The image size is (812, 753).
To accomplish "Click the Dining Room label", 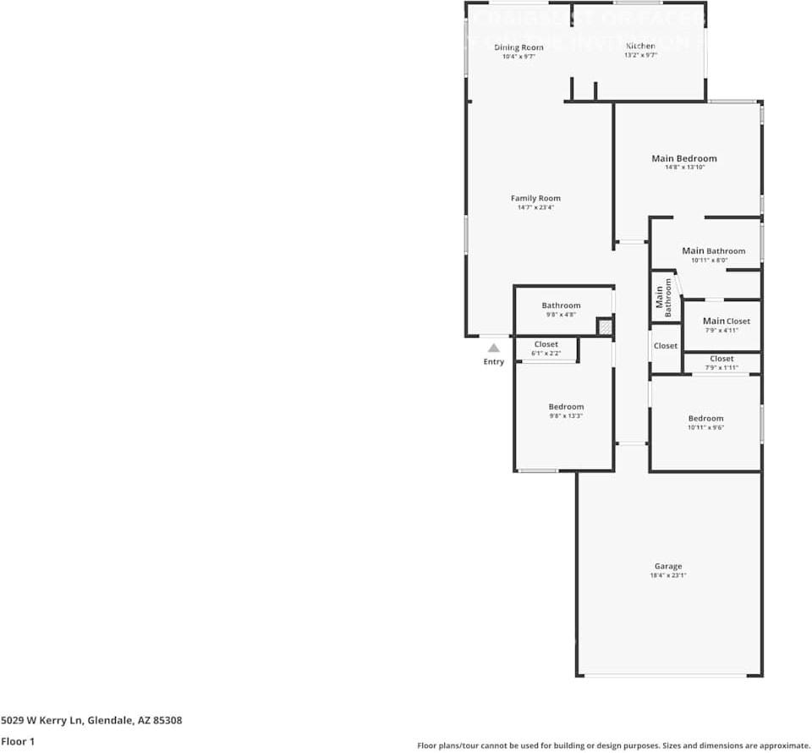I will point(518,47).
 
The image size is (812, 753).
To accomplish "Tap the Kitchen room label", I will point(640,46).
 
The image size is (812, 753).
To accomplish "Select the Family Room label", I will point(535,198).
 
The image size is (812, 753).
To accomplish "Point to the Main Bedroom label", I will point(683,158).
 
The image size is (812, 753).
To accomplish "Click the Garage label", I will point(667,566).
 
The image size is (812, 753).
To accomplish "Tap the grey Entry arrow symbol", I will point(493,348).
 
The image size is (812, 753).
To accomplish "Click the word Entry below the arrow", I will point(493,362).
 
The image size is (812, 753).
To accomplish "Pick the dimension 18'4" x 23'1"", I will point(667,576).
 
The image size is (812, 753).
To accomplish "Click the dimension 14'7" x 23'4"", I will point(535,208).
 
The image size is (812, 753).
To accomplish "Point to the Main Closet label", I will point(726,321).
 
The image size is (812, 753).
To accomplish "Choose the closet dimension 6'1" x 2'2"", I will point(546,354).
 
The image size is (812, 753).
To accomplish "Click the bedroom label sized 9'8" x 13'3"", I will point(566,407).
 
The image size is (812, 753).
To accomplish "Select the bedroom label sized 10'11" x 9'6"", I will point(705,418).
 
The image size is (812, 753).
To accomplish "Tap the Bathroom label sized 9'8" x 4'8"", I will point(561,305).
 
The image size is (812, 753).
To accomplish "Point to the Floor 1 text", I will point(19,741).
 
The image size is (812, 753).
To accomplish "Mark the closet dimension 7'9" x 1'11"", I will point(721,368).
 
